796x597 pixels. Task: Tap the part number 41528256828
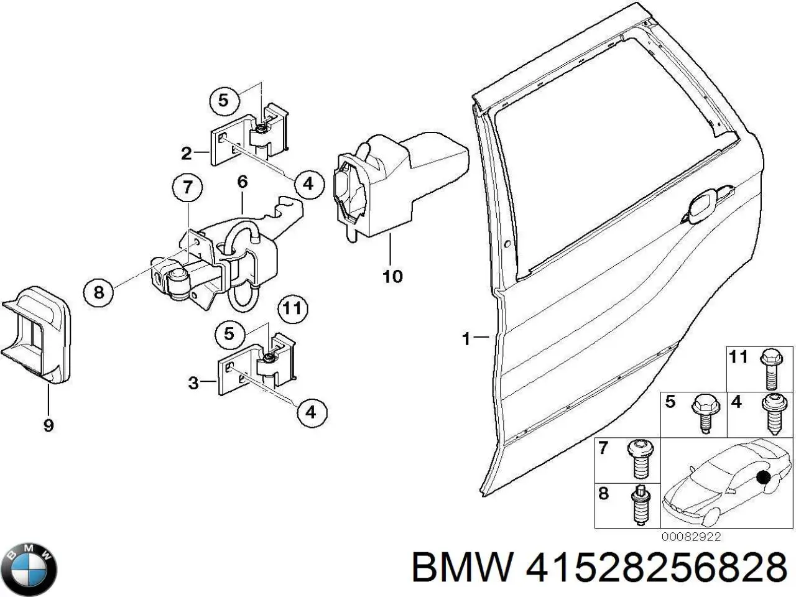[654, 568]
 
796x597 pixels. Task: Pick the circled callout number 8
[99, 290]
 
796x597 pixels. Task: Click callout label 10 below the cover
[392, 275]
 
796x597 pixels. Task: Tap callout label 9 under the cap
[49, 425]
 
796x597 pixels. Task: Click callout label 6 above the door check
[242, 182]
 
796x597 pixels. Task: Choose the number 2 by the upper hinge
[186, 152]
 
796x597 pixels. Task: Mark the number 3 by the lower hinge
[193, 383]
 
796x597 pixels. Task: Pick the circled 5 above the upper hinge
[224, 99]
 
